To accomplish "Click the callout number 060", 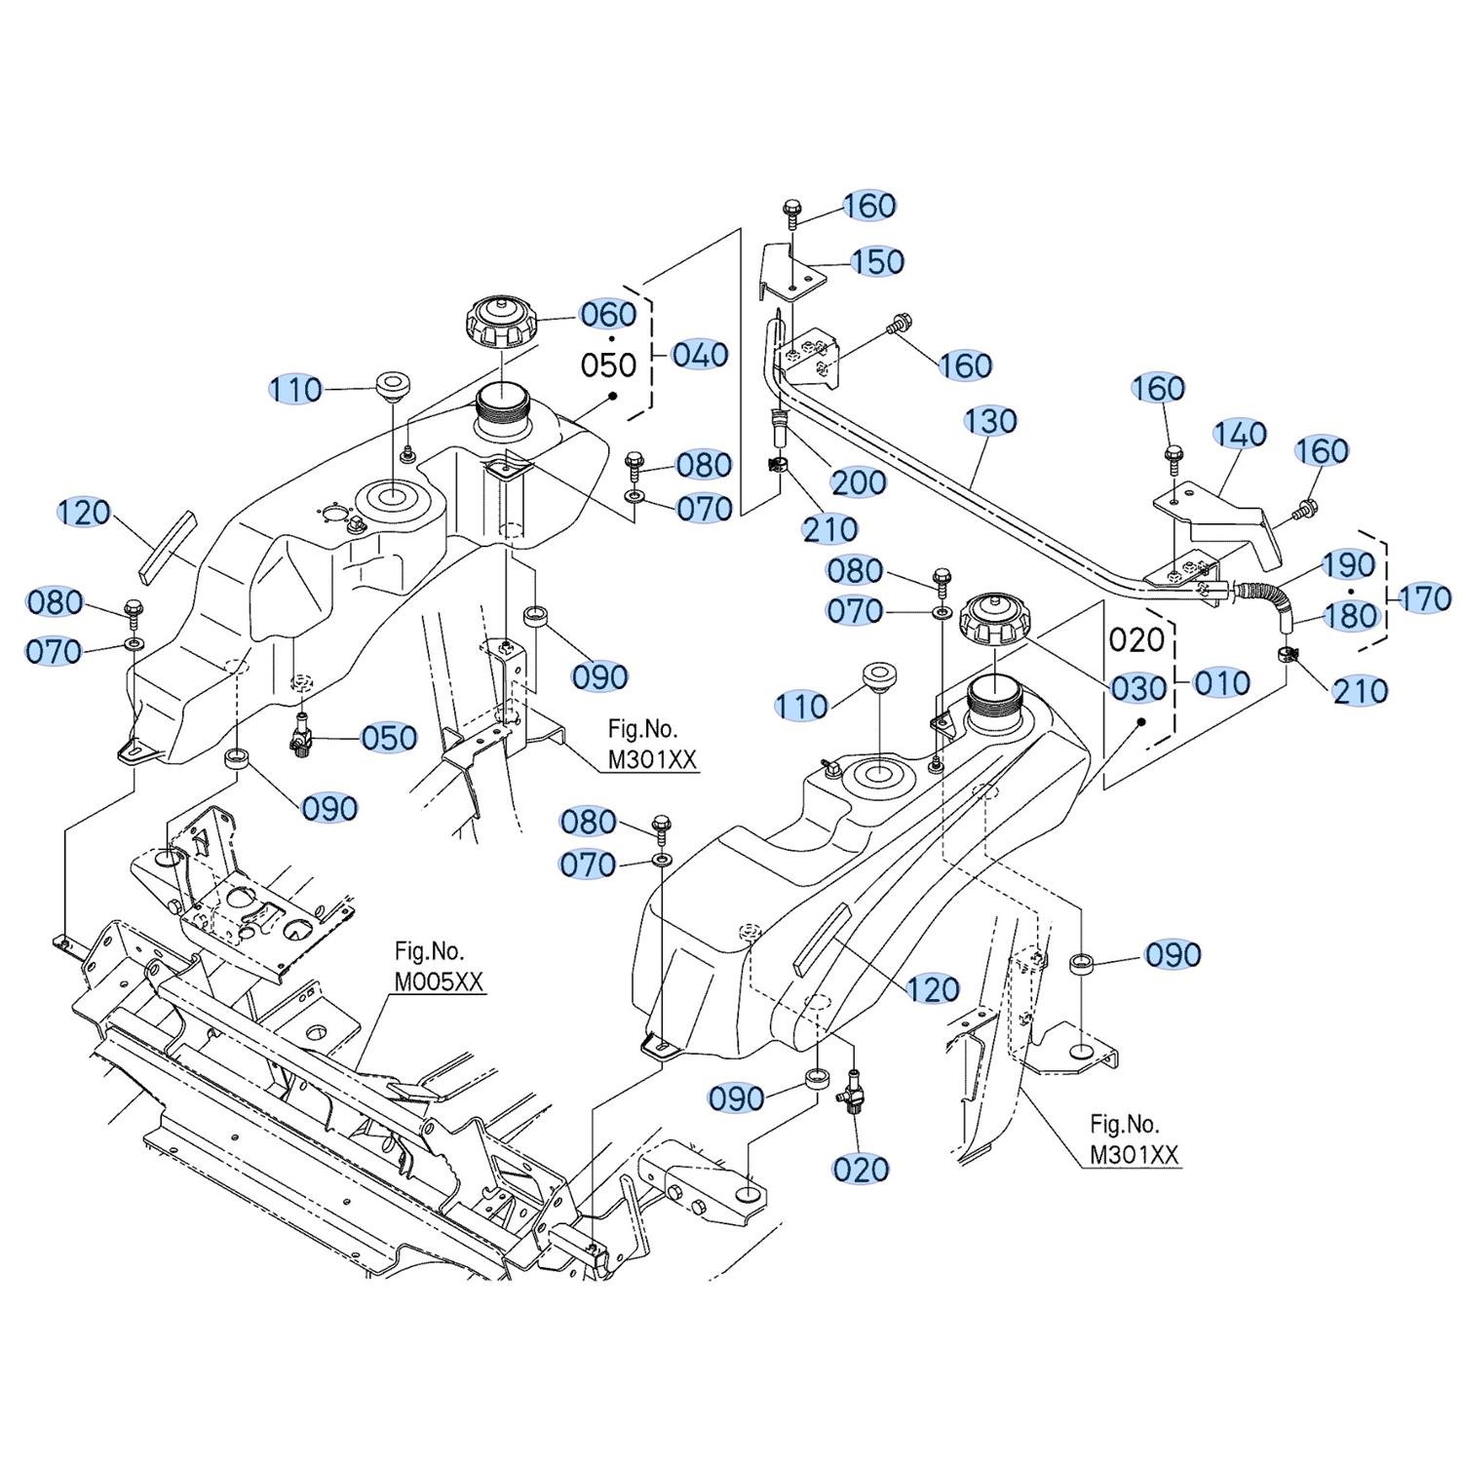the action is pyautogui.click(x=608, y=315).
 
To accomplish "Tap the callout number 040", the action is pyautogui.click(x=701, y=355).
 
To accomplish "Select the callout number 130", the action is pyautogui.click(x=990, y=421).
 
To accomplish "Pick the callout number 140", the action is pyautogui.click(x=1240, y=434).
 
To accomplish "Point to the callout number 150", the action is pyautogui.click(x=878, y=261).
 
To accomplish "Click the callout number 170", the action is pyautogui.click(x=1424, y=597).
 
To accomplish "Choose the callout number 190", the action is pyautogui.click(x=1348, y=564).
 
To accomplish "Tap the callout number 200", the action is pyautogui.click(x=859, y=481).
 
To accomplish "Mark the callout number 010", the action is pyautogui.click(x=1221, y=683).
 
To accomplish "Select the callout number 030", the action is pyautogui.click(x=1139, y=688).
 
